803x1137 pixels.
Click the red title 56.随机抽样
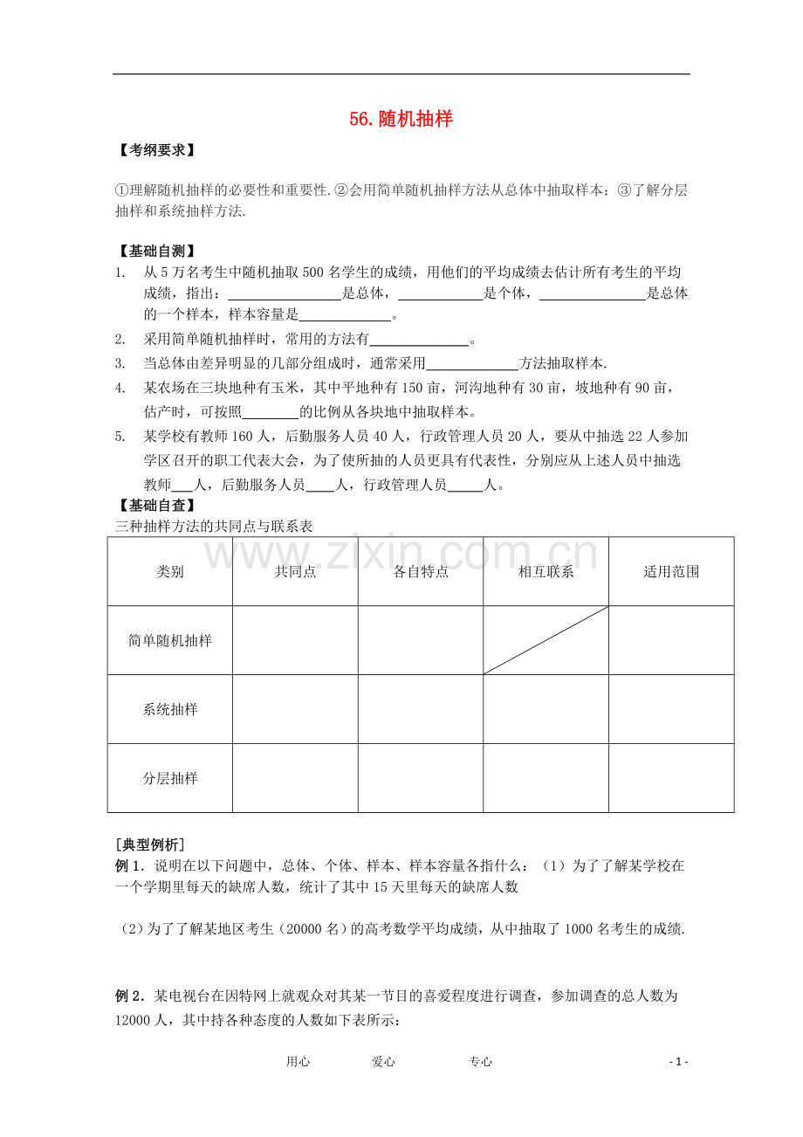pos(401,120)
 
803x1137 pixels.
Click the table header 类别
pos(170,572)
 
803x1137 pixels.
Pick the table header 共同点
pos(295,572)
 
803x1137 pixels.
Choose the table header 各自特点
pos(421,572)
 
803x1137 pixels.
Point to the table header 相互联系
pos(546,572)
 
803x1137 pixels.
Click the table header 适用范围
pos(671,572)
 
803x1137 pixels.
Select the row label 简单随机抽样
pos(170,641)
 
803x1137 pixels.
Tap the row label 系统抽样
pos(170,710)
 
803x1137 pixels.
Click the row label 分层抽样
pos(170,778)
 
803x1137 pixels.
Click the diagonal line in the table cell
pos(546,640)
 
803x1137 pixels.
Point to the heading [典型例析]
pos(149,844)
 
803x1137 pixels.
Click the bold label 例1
pos(128,866)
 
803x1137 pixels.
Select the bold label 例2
pos(128,996)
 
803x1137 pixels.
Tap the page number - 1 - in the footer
pos(678,1062)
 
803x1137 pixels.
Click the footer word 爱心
pos(383,1062)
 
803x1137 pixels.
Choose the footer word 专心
pos(480,1062)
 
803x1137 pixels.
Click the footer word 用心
pos(298,1062)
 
